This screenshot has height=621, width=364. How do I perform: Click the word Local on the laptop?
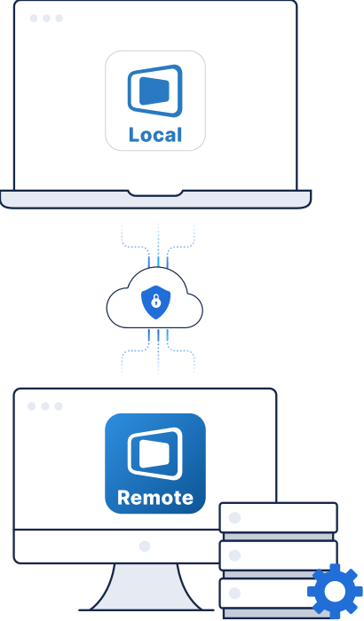tap(155, 135)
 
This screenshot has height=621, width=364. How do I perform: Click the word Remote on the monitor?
tap(155, 498)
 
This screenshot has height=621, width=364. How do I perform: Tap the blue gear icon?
tap(335, 591)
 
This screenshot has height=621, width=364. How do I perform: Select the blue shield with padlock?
tap(156, 303)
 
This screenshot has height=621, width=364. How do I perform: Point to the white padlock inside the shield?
tap(156, 302)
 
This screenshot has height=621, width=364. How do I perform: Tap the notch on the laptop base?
tap(155, 193)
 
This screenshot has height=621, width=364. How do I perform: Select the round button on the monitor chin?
tap(145, 546)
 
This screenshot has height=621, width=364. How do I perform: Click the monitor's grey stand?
tap(146, 587)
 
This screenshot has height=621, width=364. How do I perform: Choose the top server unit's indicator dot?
tap(234, 517)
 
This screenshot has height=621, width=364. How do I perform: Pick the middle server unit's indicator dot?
tap(234, 555)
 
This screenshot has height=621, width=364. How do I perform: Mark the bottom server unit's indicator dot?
tap(234, 593)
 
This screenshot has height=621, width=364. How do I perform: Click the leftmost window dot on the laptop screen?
tap(34, 19)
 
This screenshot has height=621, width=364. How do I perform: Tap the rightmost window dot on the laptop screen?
tap(59, 19)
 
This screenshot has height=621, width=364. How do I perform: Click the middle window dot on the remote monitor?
tap(45, 406)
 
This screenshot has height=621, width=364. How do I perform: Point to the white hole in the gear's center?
tap(335, 591)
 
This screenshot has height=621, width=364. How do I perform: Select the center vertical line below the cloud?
tap(158, 351)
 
